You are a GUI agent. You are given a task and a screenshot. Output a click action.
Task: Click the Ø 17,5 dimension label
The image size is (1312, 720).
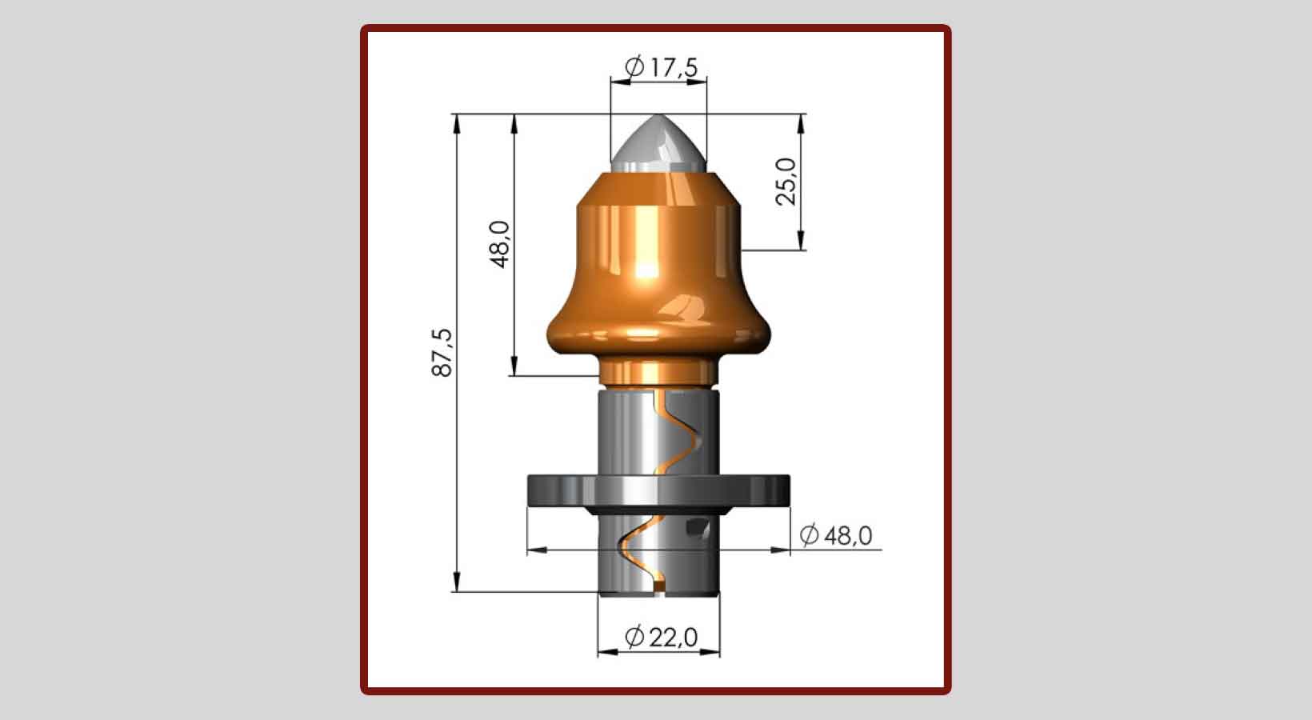(x=660, y=68)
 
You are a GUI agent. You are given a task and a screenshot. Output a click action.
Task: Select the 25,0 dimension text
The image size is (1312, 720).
(x=787, y=182)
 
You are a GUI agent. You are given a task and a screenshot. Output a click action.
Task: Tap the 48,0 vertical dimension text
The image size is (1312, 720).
(x=500, y=244)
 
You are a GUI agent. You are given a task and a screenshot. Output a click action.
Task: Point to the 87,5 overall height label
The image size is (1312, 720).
(x=442, y=353)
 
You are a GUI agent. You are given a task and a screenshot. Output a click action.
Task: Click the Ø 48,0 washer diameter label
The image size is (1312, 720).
(x=837, y=534)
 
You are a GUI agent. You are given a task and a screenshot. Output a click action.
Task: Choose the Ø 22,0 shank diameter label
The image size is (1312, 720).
(x=661, y=638)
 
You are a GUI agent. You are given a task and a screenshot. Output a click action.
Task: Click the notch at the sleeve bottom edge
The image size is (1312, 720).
(x=659, y=590)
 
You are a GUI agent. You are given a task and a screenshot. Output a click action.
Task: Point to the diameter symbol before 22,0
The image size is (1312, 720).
(x=634, y=638)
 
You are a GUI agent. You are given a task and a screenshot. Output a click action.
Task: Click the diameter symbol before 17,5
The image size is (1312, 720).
(x=634, y=67)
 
